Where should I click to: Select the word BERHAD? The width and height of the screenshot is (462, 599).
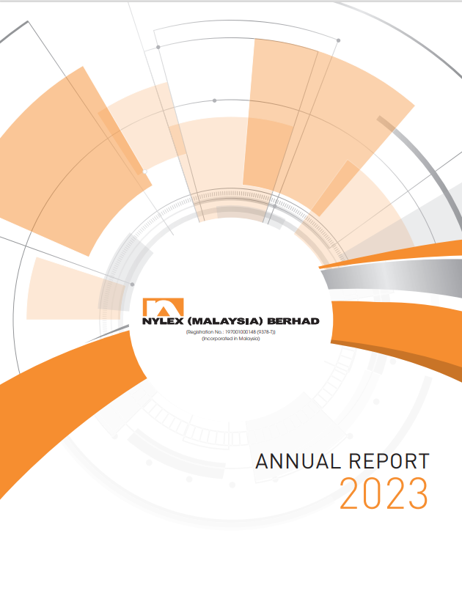click(x=293, y=321)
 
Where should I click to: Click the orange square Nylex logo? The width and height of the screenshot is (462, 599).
click(x=164, y=307)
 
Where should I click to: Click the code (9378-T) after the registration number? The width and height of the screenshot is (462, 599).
click(x=266, y=332)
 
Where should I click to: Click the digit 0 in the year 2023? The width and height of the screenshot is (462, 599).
click(x=373, y=493)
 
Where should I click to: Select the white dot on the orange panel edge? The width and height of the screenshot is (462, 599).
click(x=144, y=172)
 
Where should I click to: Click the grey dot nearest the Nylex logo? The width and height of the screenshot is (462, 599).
click(x=132, y=284)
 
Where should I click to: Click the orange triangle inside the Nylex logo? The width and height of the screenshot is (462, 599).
click(x=164, y=311)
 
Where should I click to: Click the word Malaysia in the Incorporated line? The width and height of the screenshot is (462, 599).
click(x=249, y=339)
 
